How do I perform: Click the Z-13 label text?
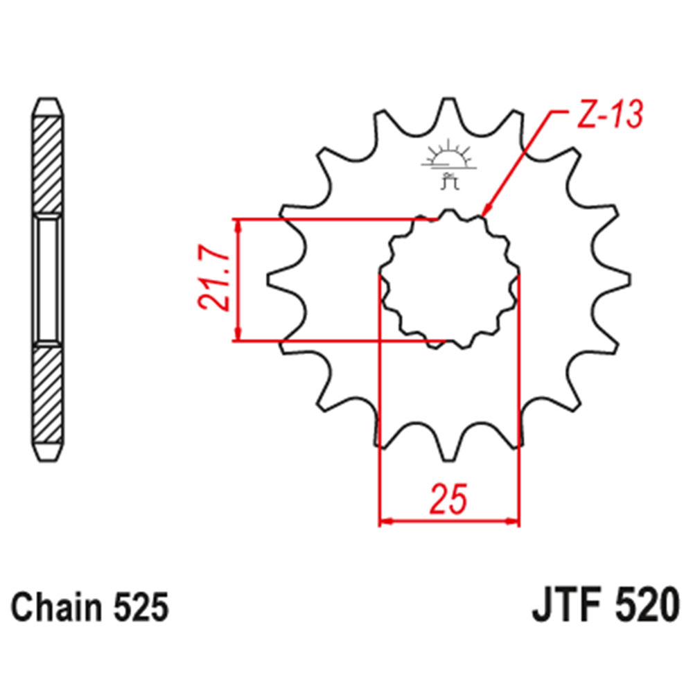click(602, 116)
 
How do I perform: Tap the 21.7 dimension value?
click(213, 280)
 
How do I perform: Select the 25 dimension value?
click(448, 500)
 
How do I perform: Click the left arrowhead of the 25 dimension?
click(385, 520)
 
